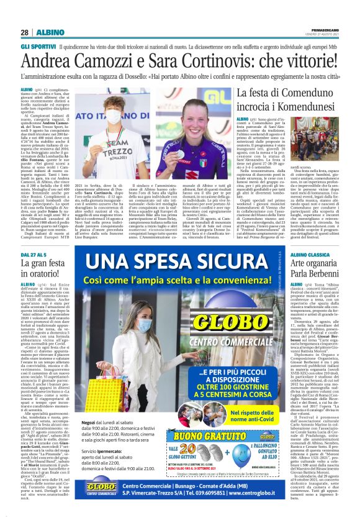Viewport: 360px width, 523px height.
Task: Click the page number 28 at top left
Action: (24, 32)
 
